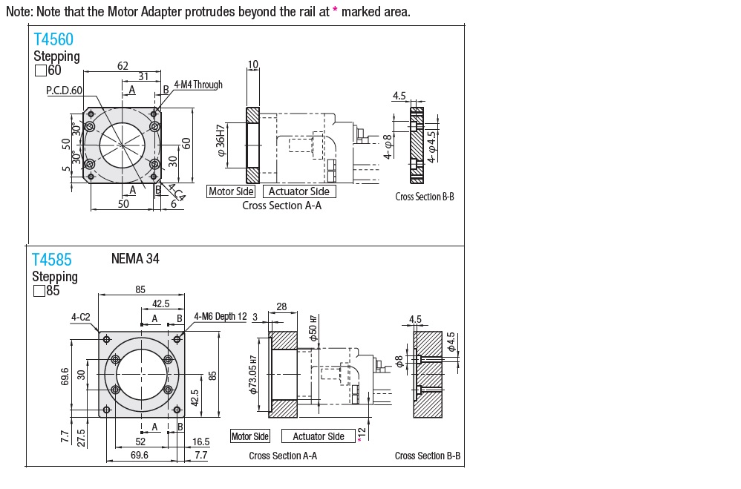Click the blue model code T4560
tap(53, 40)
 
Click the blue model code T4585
tap(52, 260)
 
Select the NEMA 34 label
tap(135, 259)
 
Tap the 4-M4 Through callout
tap(198, 85)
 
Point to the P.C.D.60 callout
tap(65, 91)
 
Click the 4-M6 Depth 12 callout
tap(220, 317)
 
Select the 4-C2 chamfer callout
tap(81, 317)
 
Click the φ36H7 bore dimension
tap(221, 146)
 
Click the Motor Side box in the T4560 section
tap(231, 191)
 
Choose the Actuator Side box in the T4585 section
tap(319, 436)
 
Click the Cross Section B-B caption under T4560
tap(424, 197)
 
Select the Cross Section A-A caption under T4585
tap(283, 456)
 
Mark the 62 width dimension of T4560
tap(123, 66)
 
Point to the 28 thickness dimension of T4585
tap(281, 306)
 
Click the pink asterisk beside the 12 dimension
tap(359, 441)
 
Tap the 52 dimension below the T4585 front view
tap(140, 442)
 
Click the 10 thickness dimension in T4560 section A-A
tap(252, 65)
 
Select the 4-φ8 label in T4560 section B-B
tap(388, 146)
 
